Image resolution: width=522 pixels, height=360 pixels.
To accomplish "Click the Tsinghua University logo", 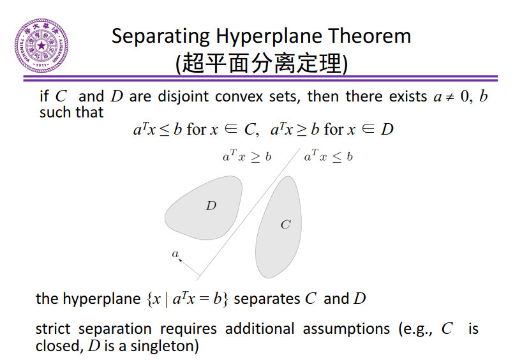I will coord(42,46).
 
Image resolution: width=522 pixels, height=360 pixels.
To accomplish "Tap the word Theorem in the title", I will coord(373,36).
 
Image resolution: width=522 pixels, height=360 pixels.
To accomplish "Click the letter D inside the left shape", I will coord(211,206).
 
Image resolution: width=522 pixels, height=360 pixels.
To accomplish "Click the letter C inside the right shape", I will coord(285,225).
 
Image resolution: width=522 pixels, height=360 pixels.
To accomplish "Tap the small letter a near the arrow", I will coord(175,253).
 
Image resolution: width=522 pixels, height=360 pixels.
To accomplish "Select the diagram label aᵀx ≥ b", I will coord(246,156).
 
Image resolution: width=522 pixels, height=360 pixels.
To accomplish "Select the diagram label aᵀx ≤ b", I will coord(328,156).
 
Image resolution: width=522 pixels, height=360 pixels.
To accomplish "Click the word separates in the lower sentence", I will coord(267,299).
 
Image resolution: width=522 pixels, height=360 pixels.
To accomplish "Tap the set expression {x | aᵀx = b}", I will coord(188,299).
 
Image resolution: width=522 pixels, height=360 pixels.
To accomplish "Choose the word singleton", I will coord(166,347).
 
